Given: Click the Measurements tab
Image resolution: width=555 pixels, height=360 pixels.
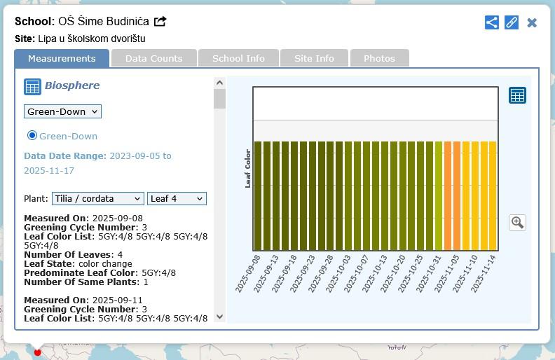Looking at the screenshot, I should pyautogui.click(x=62, y=58).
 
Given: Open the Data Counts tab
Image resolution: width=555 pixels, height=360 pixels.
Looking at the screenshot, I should pyautogui.click(x=153, y=58).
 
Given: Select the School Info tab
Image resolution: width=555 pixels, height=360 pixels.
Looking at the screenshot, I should pyautogui.click(x=238, y=58).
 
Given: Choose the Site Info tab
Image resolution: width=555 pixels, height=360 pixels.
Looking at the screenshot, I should pyautogui.click(x=314, y=58).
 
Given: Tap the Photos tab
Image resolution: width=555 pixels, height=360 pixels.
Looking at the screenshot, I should pyautogui.click(x=379, y=58).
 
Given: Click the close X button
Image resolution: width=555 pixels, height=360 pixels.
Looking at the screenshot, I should pyautogui.click(x=532, y=22).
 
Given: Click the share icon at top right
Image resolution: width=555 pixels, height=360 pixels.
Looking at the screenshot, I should pyautogui.click(x=492, y=22).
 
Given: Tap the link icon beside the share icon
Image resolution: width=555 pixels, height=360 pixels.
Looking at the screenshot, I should pyautogui.click(x=512, y=22).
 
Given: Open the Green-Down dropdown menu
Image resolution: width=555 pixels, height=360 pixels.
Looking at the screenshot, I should pyautogui.click(x=62, y=111).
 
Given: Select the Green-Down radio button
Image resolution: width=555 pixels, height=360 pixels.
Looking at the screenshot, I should pyautogui.click(x=32, y=135).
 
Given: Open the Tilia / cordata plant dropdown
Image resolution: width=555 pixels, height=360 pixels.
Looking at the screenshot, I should pyautogui.click(x=97, y=199).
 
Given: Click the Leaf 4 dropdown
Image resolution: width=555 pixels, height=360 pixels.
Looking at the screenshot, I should pyautogui.click(x=177, y=199).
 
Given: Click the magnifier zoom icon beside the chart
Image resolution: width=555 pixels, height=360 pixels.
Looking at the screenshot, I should pyautogui.click(x=517, y=223).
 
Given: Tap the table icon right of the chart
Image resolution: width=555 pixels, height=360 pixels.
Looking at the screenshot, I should pyautogui.click(x=517, y=95).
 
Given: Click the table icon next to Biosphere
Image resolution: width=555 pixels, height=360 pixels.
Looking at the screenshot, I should pyautogui.click(x=32, y=87).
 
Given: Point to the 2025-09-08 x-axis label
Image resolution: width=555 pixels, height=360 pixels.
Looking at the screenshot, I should pyautogui.click(x=249, y=274).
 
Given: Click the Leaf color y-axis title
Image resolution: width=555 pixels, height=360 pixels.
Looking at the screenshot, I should pyautogui.click(x=247, y=168).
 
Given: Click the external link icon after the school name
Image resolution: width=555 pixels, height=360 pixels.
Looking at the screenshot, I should pyautogui.click(x=160, y=21).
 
